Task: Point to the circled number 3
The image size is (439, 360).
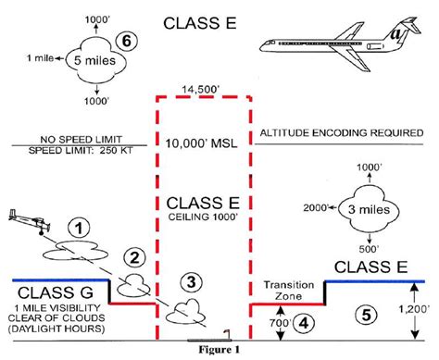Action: coord(189,281)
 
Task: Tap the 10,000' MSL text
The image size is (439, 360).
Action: coord(203,145)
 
